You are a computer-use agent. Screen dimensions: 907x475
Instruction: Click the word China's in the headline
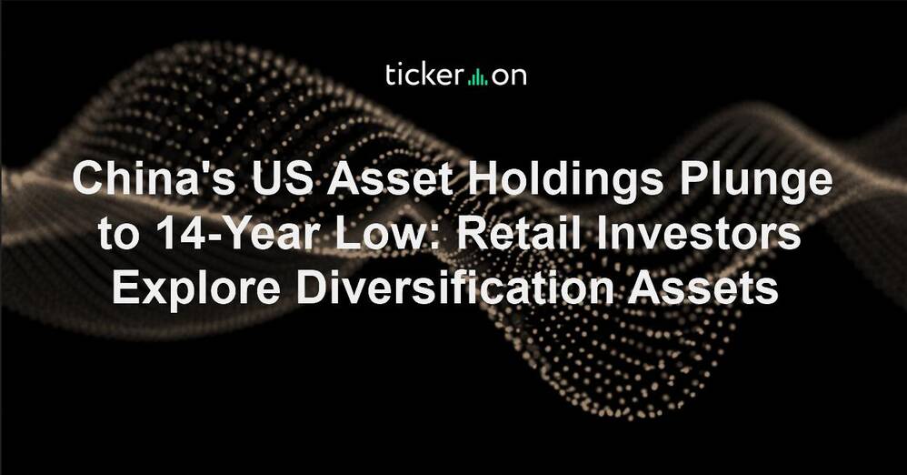(x=154, y=179)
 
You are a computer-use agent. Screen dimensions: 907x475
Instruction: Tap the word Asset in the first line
(x=389, y=179)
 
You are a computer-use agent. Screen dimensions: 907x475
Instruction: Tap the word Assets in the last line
(x=703, y=287)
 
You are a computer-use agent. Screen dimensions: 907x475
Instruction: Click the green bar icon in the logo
(x=477, y=76)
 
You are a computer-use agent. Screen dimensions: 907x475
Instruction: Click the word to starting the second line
(x=118, y=234)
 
